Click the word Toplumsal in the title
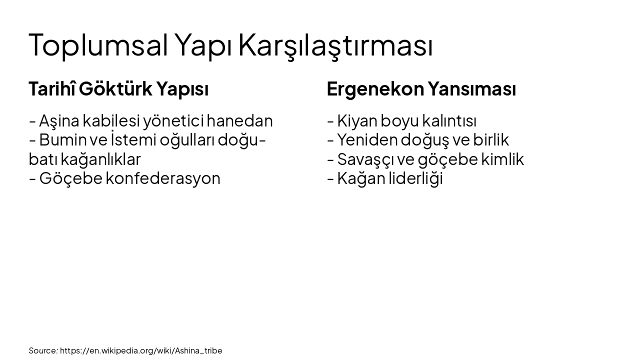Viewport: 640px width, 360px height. pyautogui.click(x=98, y=45)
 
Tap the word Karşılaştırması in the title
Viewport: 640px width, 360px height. pyautogui.click(x=335, y=45)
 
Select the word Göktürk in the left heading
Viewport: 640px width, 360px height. pyautogui.click(x=115, y=89)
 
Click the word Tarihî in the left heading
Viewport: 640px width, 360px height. pyautogui.click(x=52, y=89)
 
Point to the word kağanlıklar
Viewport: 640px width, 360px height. pyautogui.click(x=100, y=159)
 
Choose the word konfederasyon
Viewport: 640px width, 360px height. pyautogui.click(x=163, y=178)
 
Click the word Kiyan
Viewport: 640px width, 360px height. pyautogui.click(x=356, y=121)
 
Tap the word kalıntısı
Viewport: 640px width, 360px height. pyautogui.click(x=449, y=121)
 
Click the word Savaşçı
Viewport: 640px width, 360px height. pyautogui.click(x=365, y=159)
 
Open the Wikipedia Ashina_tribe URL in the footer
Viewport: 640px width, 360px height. pyautogui.click(x=141, y=350)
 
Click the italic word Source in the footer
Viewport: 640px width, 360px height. pyautogui.click(x=42, y=350)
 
